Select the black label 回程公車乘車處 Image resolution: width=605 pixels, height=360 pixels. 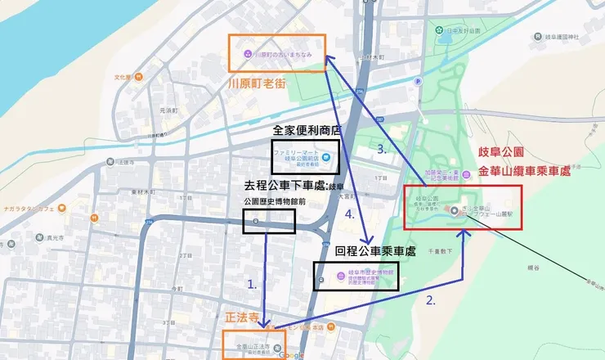(375, 251)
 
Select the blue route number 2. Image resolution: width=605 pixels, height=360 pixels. (431, 300)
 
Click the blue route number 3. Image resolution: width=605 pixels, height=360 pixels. (383, 149)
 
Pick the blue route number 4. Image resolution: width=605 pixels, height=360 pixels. (350, 215)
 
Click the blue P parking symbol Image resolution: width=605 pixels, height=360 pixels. (419, 81)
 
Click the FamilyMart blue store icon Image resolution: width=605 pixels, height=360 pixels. (325, 157)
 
